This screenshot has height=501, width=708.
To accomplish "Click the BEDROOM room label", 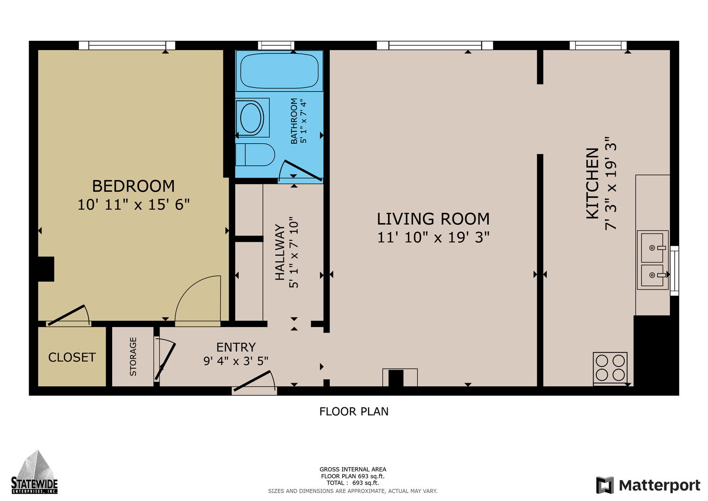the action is (x=133, y=186).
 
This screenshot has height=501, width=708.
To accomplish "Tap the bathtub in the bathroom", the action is (x=279, y=71).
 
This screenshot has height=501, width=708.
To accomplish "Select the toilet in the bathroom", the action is (x=255, y=154).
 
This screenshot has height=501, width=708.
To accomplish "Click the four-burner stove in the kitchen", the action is (x=610, y=369).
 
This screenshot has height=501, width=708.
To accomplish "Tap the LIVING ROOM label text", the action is (x=433, y=219).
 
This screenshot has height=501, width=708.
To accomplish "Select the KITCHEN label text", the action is (x=593, y=183).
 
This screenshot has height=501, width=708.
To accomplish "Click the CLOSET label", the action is (x=72, y=357).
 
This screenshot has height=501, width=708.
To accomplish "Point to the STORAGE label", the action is (x=133, y=356).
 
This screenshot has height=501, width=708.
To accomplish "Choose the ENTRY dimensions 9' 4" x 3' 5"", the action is (x=236, y=361).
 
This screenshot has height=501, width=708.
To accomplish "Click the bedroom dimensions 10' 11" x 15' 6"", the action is (x=134, y=205).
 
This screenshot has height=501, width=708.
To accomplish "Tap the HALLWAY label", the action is (x=280, y=252).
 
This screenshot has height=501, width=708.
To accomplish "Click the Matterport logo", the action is (x=648, y=485).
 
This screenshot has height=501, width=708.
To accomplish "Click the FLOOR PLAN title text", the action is (x=354, y=411).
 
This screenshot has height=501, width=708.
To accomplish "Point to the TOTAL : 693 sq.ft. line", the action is (x=353, y=482).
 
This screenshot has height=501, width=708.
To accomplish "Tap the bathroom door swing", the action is (x=300, y=171).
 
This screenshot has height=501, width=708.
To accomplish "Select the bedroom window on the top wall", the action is (x=127, y=45).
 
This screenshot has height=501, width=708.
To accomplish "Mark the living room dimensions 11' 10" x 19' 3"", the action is (x=434, y=238).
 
